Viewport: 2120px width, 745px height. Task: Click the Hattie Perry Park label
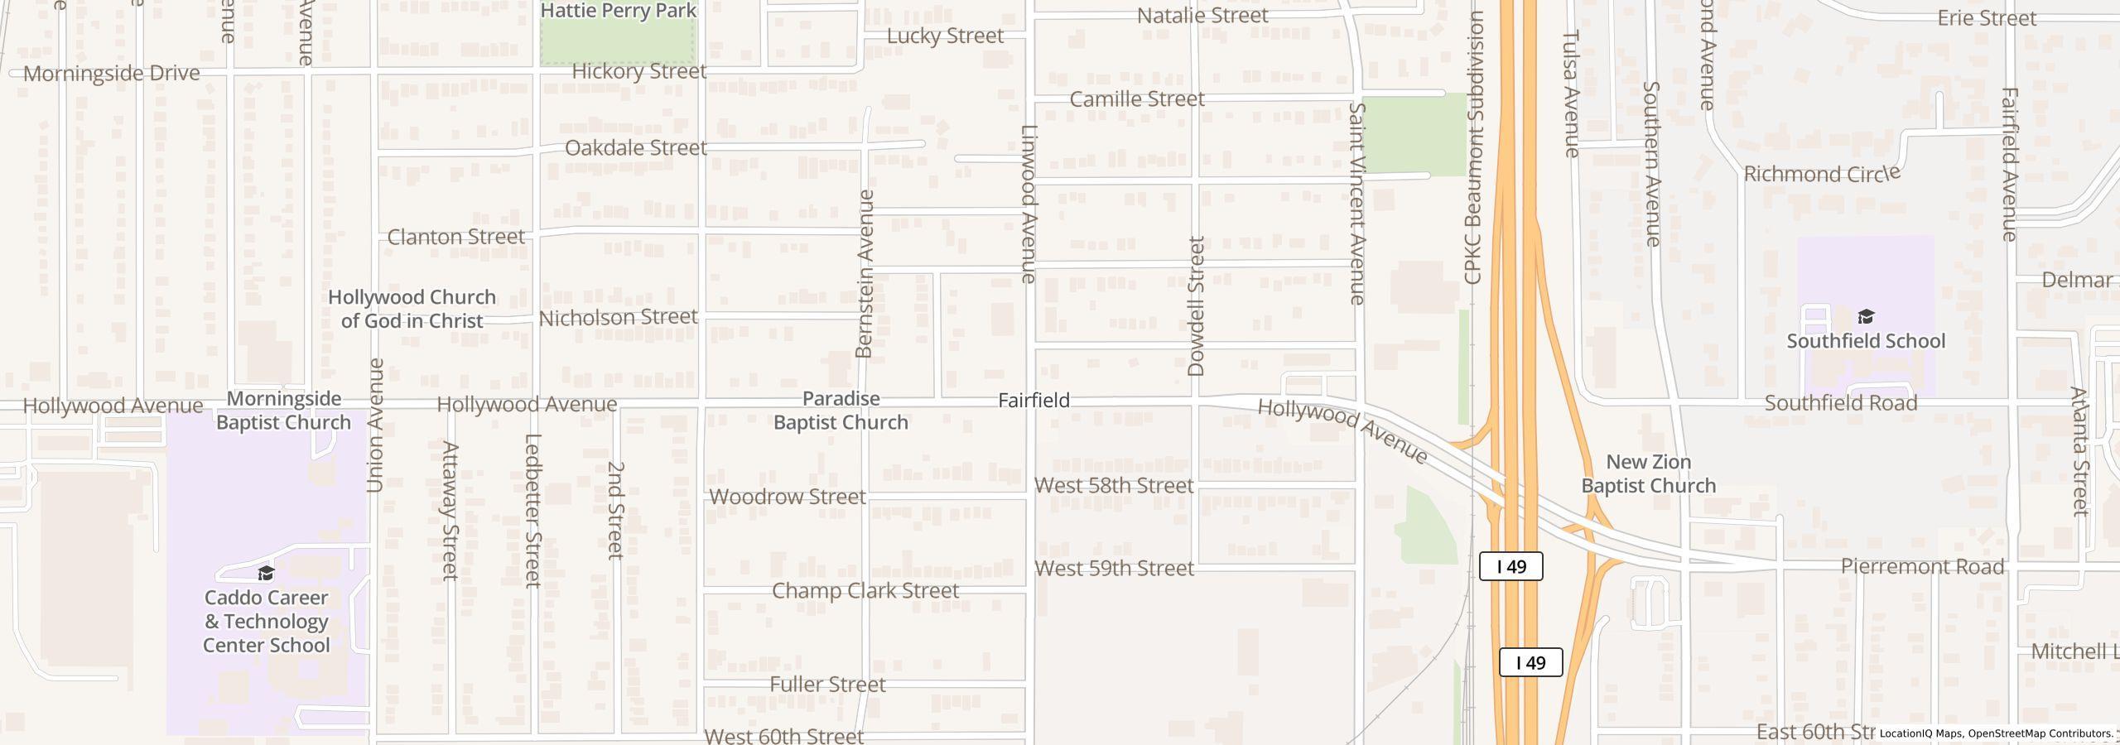[x=618, y=11]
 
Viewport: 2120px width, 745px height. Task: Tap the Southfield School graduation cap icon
[x=1865, y=317]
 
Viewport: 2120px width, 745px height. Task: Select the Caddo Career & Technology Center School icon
[x=266, y=574]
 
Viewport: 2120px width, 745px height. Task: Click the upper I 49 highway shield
[x=1510, y=567]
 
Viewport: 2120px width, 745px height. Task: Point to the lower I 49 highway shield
[x=1530, y=663]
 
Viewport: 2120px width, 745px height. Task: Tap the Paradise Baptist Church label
[x=841, y=411]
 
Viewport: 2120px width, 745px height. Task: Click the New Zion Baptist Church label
[x=1648, y=474]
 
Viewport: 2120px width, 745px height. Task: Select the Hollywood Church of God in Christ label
[x=412, y=309]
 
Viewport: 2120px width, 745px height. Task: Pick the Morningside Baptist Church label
[x=283, y=411]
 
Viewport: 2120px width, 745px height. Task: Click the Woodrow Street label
[x=788, y=497]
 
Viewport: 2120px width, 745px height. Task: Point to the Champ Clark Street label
[x=865, y=591]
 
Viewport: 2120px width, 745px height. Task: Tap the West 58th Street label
[x=1114, y=486]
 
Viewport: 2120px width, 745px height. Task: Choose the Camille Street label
[x=1136, y=99]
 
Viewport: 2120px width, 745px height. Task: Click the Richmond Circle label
[x=1821, y=175]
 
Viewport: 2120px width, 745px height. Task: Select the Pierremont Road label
[x=1922, y=567]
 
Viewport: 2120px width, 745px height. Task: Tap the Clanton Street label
[x=455, y=237]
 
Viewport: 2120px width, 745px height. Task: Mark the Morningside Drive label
[x=111, y=74]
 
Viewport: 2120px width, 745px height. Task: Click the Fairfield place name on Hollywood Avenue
[x=1033, y=401]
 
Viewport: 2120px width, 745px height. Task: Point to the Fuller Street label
[x=827, y=685]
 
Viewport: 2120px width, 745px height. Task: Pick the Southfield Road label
[x=1840, y=403]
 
